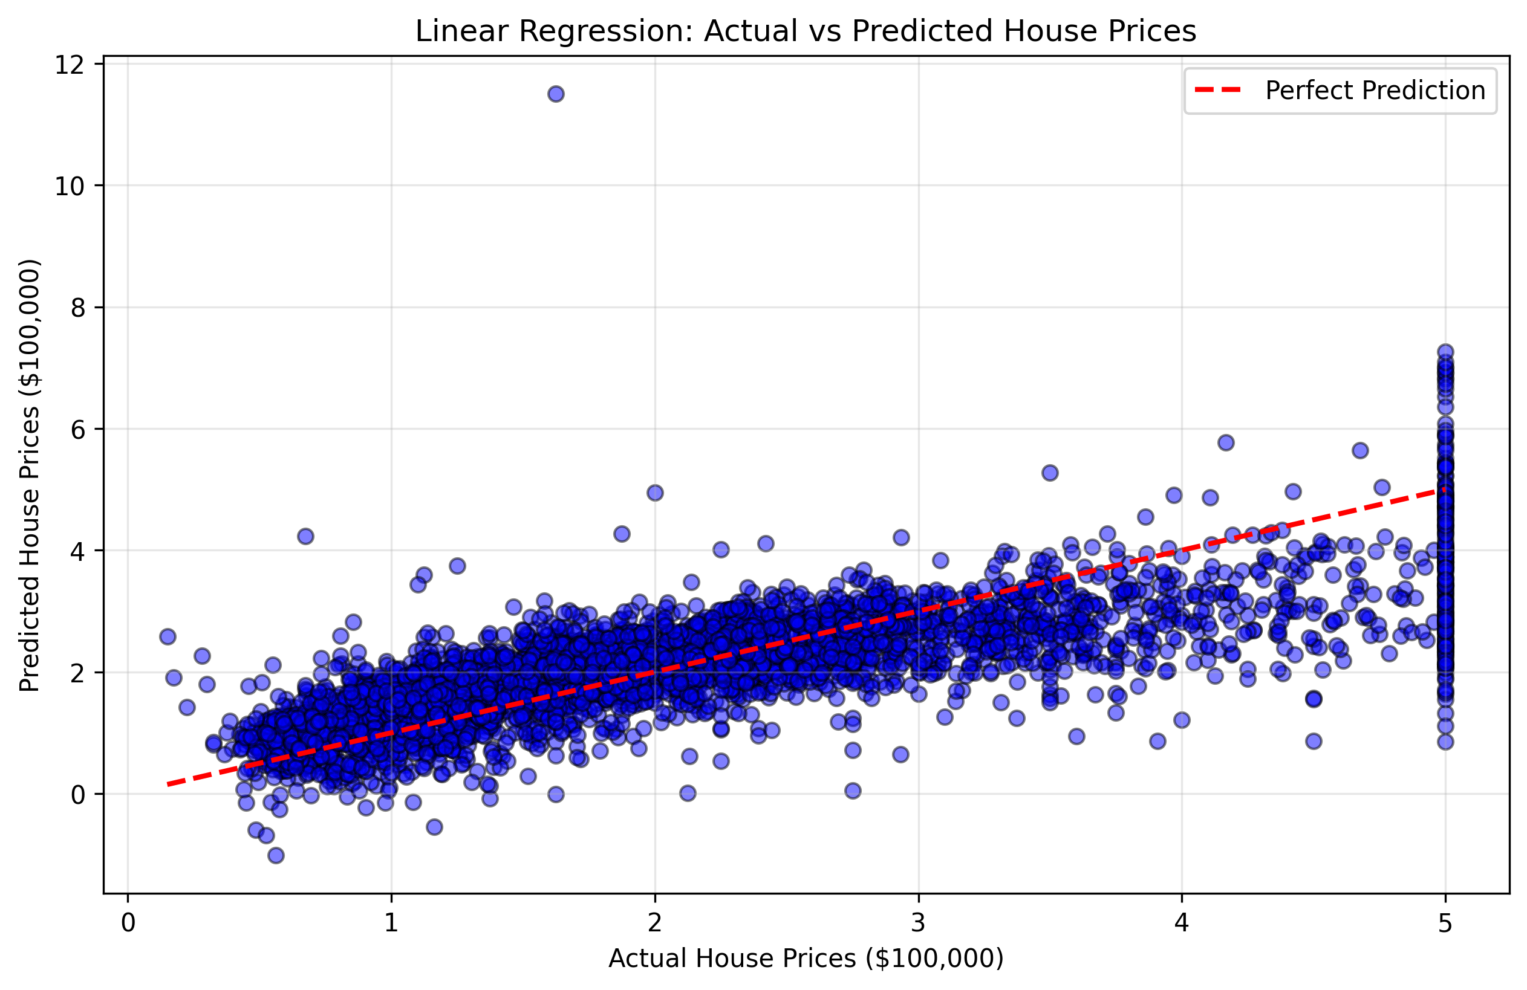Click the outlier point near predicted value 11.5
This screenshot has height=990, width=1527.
click(556, 94)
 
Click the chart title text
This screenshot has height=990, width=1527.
click(805, 31)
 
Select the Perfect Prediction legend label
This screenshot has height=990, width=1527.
click(1375, 91)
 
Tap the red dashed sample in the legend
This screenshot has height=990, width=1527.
click(1218, 91)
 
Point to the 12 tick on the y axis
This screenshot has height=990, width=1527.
click(70, 65)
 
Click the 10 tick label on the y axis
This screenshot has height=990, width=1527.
click(70, 187)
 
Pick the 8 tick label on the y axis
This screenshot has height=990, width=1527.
click(77, 308)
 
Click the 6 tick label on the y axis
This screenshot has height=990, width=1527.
click(77, 430)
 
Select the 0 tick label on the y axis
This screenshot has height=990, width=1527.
click(77, 795)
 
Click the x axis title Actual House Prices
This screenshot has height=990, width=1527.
click(805, 958)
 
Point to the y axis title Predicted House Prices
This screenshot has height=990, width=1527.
click(30, 475)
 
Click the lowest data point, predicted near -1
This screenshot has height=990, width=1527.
click(276, 855)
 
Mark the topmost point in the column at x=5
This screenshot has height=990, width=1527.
click(1445, 352)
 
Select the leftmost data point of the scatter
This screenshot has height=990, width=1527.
click(168, 636)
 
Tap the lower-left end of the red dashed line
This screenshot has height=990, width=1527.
click(169, 784)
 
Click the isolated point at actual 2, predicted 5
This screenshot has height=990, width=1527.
click(654, 493)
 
